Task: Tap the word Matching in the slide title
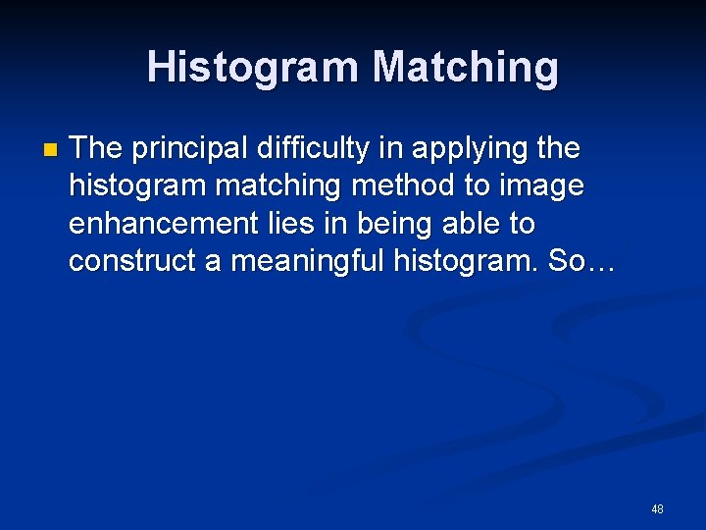coord(465,68)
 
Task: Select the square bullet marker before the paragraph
coord(51,151)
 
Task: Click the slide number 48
coord(657,509)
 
